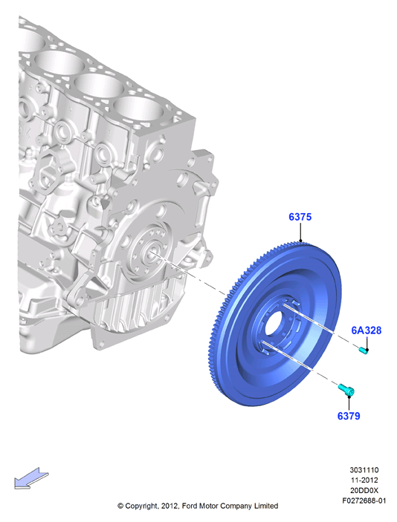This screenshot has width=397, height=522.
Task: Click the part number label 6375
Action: [300, 217]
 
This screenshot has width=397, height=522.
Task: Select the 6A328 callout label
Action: [366, 330]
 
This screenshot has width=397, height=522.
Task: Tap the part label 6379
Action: [349, 416]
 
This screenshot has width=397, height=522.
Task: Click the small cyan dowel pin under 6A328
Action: [364, 350]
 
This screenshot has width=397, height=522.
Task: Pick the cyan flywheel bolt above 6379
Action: [346, 390]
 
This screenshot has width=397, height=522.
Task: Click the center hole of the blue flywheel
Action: [274, 324]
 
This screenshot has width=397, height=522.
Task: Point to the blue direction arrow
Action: [31, 478]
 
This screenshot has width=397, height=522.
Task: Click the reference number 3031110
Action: [364, 470]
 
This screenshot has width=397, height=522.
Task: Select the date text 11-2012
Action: [364, 480]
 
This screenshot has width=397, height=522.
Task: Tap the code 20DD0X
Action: [364, 490]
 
